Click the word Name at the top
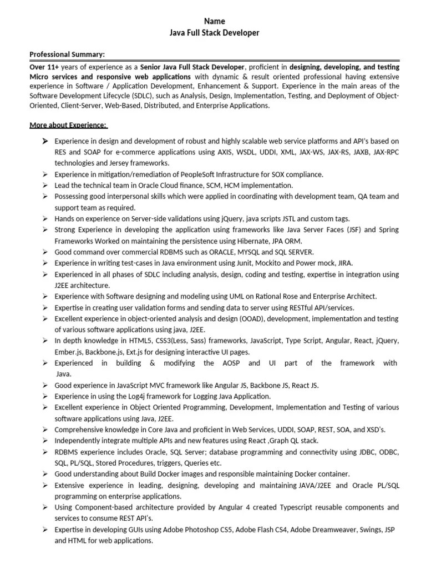pyautogui.click(x=214, y=21)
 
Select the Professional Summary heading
pyautogui.click(x=67, y=54)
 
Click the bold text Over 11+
pyautogui.click(x=44, y=67)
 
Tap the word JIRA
pyautogui.click(x=344, y=263)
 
